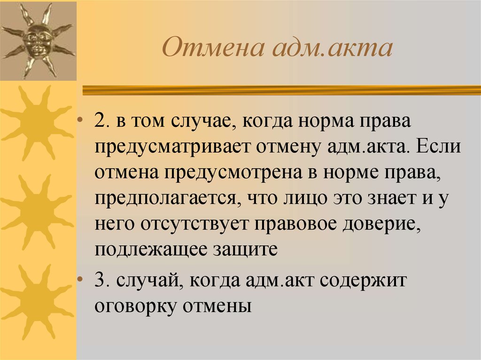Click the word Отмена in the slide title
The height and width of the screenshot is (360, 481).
(x=213, y=47)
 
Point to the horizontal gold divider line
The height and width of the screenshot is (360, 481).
(x=282, y=90)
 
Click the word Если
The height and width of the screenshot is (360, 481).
(x=438, y=146)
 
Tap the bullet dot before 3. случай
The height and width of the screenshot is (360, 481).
(x=80, y=279)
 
